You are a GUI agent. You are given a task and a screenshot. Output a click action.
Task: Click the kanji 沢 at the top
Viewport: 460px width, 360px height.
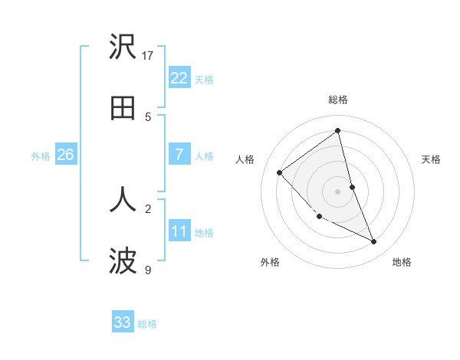tap(123, 47)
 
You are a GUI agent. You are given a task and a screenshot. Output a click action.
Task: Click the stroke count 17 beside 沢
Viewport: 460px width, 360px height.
tap(148, 55)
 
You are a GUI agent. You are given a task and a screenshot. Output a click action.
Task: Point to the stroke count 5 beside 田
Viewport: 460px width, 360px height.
tap(148, 116)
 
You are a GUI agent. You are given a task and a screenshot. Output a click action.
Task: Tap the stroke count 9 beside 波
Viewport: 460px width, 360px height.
tap(148, 270)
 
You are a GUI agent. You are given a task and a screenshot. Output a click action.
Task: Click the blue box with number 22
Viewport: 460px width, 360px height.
tap(179, 78)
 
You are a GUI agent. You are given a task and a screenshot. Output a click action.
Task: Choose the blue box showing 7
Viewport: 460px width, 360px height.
tap(179, 155)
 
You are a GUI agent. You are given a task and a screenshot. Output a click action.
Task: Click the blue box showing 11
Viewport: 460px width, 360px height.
tap(179, 231)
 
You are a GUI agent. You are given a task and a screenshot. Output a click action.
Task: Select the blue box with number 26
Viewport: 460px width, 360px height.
tap(65, 155)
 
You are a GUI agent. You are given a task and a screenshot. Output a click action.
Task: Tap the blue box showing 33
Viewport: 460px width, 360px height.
tap(123, 322)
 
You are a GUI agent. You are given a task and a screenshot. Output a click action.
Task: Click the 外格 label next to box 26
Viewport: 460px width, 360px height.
tap(41, 156)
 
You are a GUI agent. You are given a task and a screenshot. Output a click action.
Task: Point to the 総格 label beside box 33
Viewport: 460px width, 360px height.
tap(147, 324)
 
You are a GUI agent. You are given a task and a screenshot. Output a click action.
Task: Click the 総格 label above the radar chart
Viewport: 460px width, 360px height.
tap(338, 100)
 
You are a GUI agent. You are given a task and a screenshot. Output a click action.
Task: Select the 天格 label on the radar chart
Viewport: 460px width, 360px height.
tap(432, 159)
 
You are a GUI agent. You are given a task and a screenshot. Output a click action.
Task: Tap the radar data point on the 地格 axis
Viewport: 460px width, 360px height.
tap(374, 242)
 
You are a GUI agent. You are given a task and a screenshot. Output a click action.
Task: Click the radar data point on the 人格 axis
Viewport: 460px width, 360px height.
tap(280, 172)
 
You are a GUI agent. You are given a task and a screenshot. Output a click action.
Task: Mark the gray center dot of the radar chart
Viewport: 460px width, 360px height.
tap(338, 191)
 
